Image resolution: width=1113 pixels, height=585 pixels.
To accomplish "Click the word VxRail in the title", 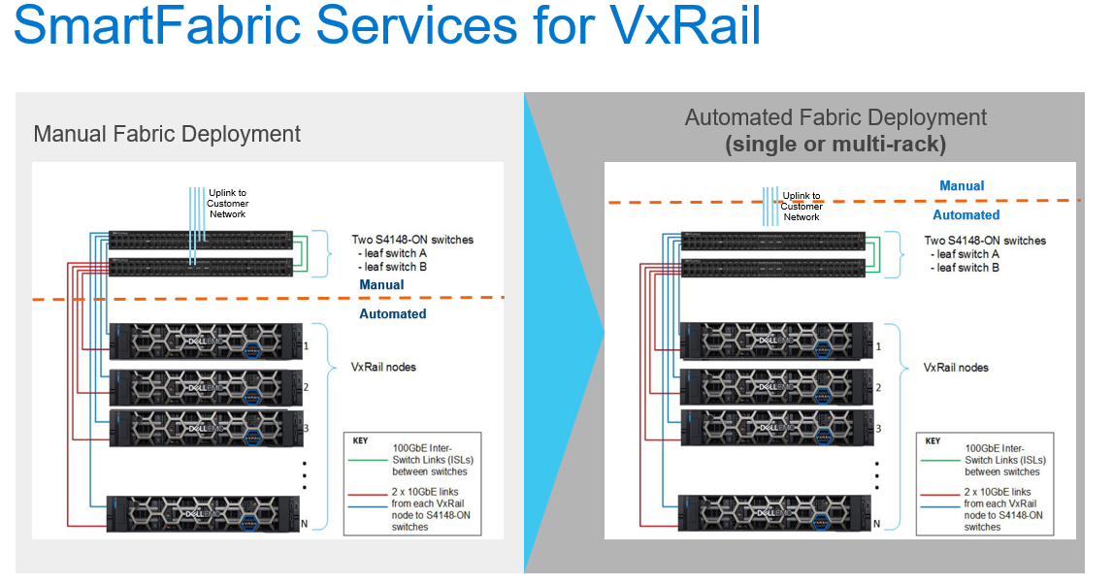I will [686, 25].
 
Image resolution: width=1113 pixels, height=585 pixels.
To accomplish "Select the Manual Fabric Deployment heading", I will [167, 134].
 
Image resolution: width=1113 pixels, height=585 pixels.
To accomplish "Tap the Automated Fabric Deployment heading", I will [835, 118].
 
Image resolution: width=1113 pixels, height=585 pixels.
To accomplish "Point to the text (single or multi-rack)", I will [835, 145].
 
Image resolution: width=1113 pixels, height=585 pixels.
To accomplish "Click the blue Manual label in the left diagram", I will [381, 285].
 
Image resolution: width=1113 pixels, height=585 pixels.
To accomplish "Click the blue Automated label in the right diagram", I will [966, 215].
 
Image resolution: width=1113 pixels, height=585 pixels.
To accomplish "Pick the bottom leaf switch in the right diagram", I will [772, 270].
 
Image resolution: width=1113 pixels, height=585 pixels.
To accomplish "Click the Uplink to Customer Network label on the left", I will [228, 203].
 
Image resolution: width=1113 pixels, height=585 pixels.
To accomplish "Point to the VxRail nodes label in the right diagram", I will [956, 368].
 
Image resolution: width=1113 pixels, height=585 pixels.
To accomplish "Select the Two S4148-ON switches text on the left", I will [413, 240].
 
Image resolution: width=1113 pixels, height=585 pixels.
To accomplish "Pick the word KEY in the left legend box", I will [361, 440].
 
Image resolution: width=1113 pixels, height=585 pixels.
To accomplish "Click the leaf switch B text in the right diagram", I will [968, 268].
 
